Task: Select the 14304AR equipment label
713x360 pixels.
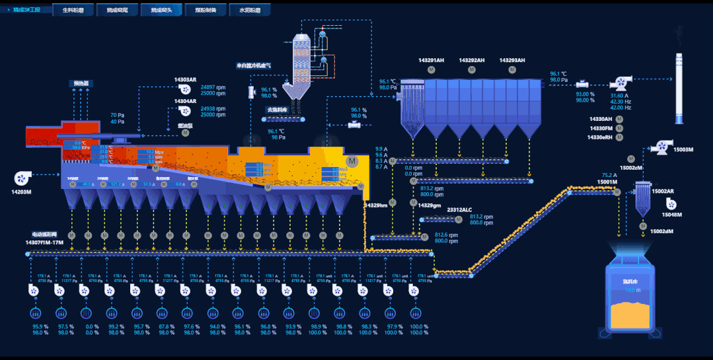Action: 185,101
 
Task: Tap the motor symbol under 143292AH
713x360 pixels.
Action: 472,69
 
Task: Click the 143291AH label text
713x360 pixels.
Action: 432,60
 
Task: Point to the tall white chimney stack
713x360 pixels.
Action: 679,86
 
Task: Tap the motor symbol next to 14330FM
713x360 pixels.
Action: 619,128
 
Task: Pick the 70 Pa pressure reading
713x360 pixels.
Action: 117,115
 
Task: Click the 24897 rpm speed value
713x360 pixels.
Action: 213,87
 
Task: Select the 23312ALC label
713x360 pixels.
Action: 459,210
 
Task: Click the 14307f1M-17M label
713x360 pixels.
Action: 44,242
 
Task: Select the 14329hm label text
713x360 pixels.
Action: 375,205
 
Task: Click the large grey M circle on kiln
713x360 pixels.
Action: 352,161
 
